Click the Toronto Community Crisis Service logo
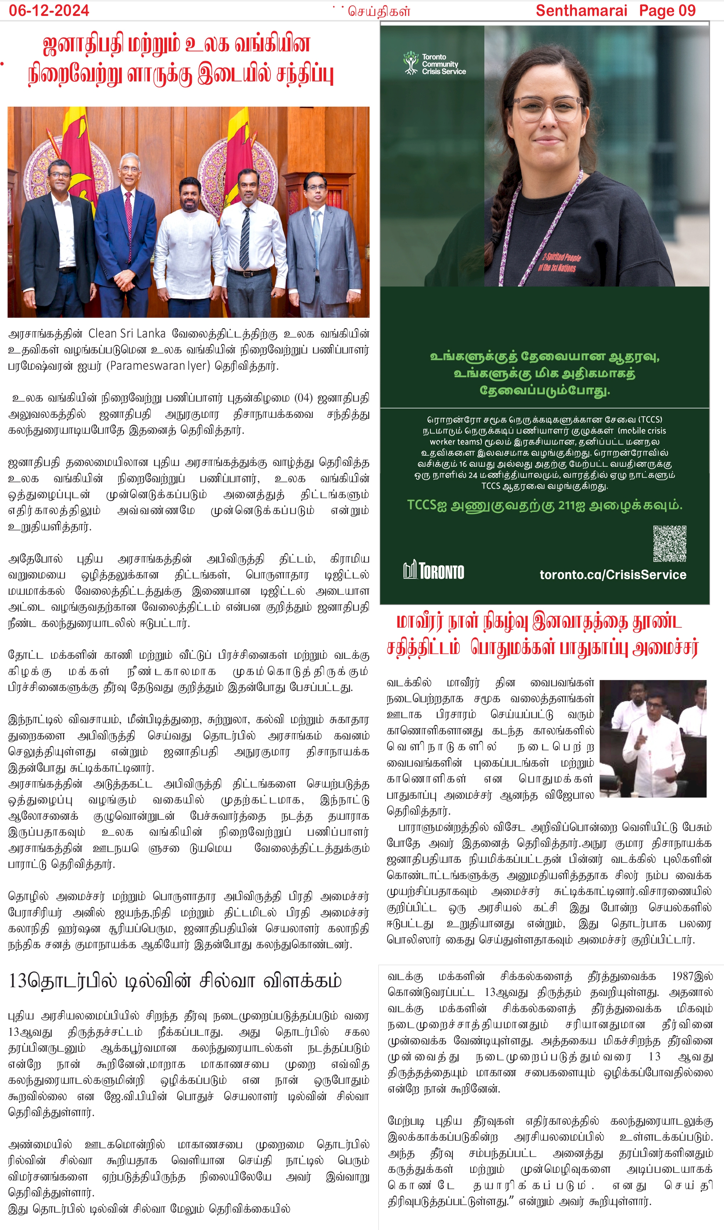click(x=434, y=64)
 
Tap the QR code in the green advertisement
click(x=669, y=543)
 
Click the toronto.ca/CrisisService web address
click(x=613, y=574)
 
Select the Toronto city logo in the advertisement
click(x=434, y=570)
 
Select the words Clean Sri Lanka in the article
click(x=127, y=334)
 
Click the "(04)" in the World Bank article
click(x=303, y=398)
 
